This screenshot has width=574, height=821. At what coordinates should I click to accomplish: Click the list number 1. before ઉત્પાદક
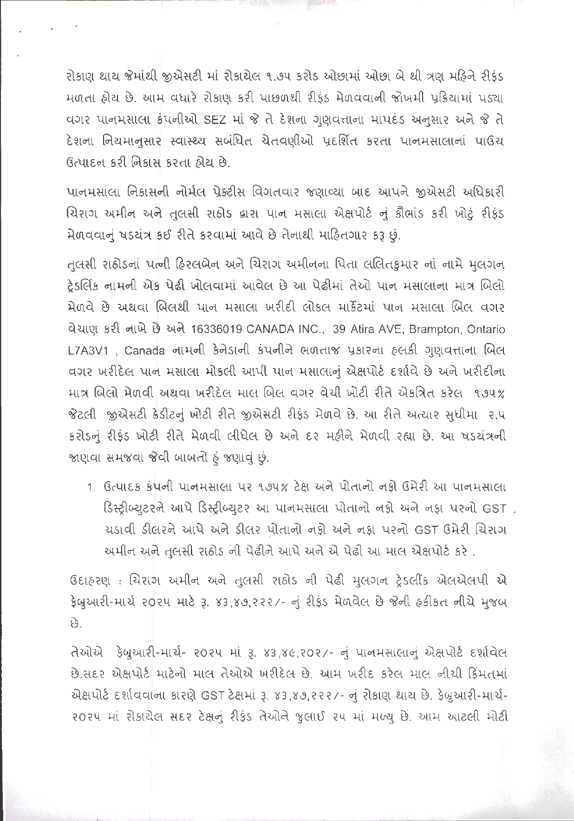tap(91, 488)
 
